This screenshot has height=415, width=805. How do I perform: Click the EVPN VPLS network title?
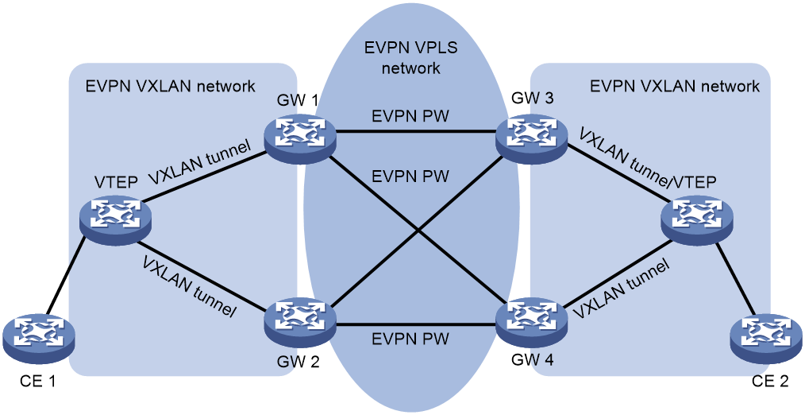click(410, 57)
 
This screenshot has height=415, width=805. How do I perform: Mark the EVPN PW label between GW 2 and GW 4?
click(410, 339)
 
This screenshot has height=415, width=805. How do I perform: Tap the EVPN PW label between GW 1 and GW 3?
click(410, 116)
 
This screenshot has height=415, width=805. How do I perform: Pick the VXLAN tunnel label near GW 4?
click(621, 289)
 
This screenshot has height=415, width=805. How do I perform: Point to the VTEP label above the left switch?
click(116, 183)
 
